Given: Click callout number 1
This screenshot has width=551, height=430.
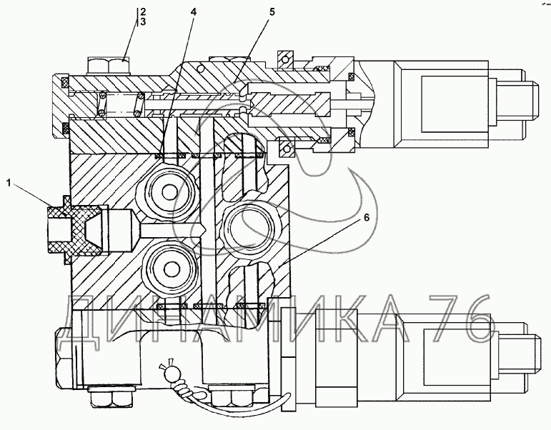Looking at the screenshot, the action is [x=9, y=182].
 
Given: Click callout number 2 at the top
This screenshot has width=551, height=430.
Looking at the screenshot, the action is [x=142, y=11].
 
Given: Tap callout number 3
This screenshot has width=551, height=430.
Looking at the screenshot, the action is [x=142, y=21].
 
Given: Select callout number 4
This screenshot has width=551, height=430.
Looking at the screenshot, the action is [x=194, y=11].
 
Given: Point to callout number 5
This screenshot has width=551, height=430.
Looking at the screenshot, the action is [x=272, y=11].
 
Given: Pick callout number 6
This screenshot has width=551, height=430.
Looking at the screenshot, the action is [x=366, y=218].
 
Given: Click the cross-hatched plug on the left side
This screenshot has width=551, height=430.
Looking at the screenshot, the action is [x=74, y=229].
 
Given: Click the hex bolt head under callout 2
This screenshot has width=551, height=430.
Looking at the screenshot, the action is [x=108, y=66].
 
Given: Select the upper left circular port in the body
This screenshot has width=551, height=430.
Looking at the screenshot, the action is [x=170, y=192].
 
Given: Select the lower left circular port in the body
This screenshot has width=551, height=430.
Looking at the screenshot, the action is [x=171, y=269].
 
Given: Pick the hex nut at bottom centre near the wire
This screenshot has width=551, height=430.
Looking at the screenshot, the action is [x=232, y=397].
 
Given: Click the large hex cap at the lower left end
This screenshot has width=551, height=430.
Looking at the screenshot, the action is [x=64, y=358].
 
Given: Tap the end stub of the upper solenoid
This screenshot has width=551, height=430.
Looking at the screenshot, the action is [x=528, y=100].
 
